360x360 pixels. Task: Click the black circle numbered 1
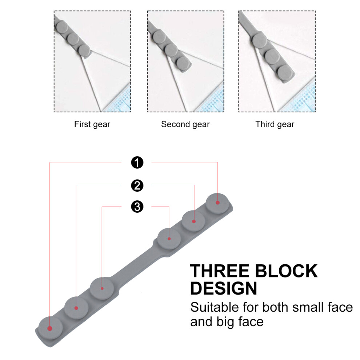(137, 163)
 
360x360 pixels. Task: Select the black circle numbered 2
(137, 185)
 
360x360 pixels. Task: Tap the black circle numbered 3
(137, 207)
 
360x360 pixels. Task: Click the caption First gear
(92, 124)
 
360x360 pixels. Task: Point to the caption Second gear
(185, 124)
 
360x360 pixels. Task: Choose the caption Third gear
(275, 124)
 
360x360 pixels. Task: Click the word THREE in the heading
(220, 271)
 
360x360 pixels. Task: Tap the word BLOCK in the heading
(286, 271)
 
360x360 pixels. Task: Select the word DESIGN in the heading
(224, 288)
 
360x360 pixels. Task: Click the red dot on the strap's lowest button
(50, 329)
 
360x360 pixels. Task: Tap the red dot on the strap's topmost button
(218, 203)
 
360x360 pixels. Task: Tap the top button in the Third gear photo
(259, 40)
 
